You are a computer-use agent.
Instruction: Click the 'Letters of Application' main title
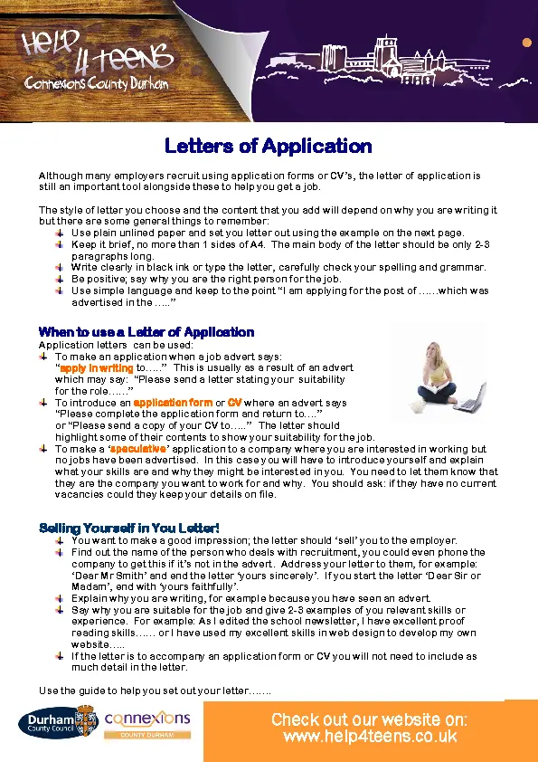coord(269,146)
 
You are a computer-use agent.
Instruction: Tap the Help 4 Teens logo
coord(99,59)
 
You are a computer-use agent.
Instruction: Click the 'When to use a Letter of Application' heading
coord(146,332)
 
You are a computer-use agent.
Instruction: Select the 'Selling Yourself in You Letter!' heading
coord(129,528)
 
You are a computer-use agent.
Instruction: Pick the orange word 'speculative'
coord(138,449)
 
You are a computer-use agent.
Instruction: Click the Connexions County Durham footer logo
coord(147,724)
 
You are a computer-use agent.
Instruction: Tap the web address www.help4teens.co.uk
coord(369,737)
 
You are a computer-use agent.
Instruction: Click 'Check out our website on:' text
coord(369,719)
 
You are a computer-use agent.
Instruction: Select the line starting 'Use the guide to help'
coord(155,691)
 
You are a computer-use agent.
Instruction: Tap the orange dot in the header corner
coord(526,43)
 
